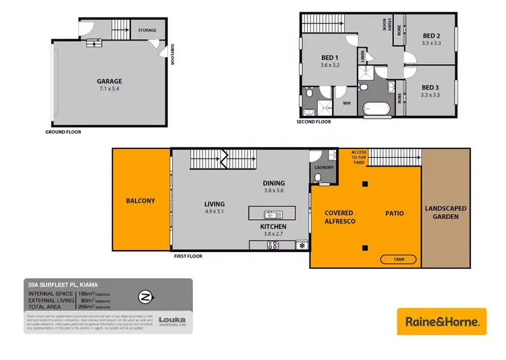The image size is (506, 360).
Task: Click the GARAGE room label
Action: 108,81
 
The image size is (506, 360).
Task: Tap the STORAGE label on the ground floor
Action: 147,30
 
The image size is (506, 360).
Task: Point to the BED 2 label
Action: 431,36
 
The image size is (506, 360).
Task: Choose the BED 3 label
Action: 430,87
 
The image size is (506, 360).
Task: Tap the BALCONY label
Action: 140,201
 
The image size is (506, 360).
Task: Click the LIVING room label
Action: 215,204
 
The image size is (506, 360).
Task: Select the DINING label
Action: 274,183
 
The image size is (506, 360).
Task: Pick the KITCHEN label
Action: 274,227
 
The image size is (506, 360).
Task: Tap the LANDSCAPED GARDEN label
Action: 445,212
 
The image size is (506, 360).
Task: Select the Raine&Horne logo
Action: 441,321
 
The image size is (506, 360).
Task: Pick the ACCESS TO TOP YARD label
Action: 359,156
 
